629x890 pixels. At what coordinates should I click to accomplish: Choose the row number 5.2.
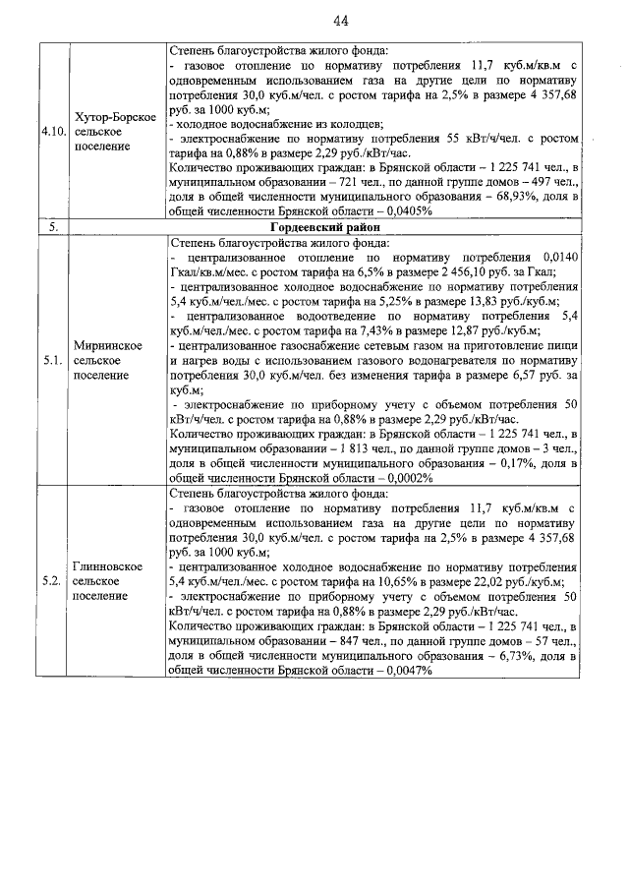(53, 581)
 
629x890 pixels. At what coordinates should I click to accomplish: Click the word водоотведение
(345, 317)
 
